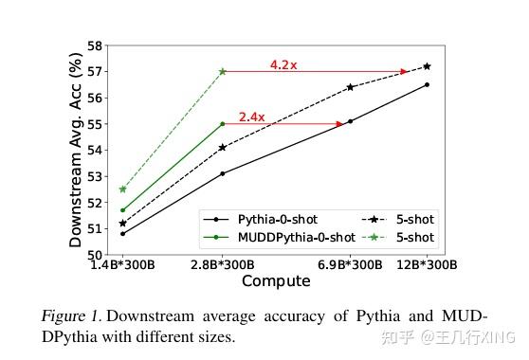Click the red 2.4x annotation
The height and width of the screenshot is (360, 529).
251,117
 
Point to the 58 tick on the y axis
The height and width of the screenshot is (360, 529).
94,45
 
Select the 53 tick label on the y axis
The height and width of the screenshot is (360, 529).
94,176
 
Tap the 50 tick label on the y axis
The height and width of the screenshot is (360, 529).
94,255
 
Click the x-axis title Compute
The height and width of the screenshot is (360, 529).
275,281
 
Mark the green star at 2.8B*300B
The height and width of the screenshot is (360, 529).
222,71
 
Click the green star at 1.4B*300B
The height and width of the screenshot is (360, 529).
122,189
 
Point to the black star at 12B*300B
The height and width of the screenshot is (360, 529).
427,66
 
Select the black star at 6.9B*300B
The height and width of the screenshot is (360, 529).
350,87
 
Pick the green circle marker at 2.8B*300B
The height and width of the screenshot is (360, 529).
222,123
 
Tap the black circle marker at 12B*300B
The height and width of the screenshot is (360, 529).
427,84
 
